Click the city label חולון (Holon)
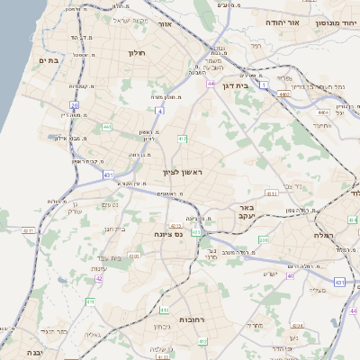pos(137,53)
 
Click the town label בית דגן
pos(235,86)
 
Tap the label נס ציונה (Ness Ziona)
pos(167,233)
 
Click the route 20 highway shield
pos(74,105)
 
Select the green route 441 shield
pos(107,128)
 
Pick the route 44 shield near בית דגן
pos(210,83)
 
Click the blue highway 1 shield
pos(264,85)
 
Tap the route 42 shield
pos(100,278)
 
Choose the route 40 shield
pos(290,275)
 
